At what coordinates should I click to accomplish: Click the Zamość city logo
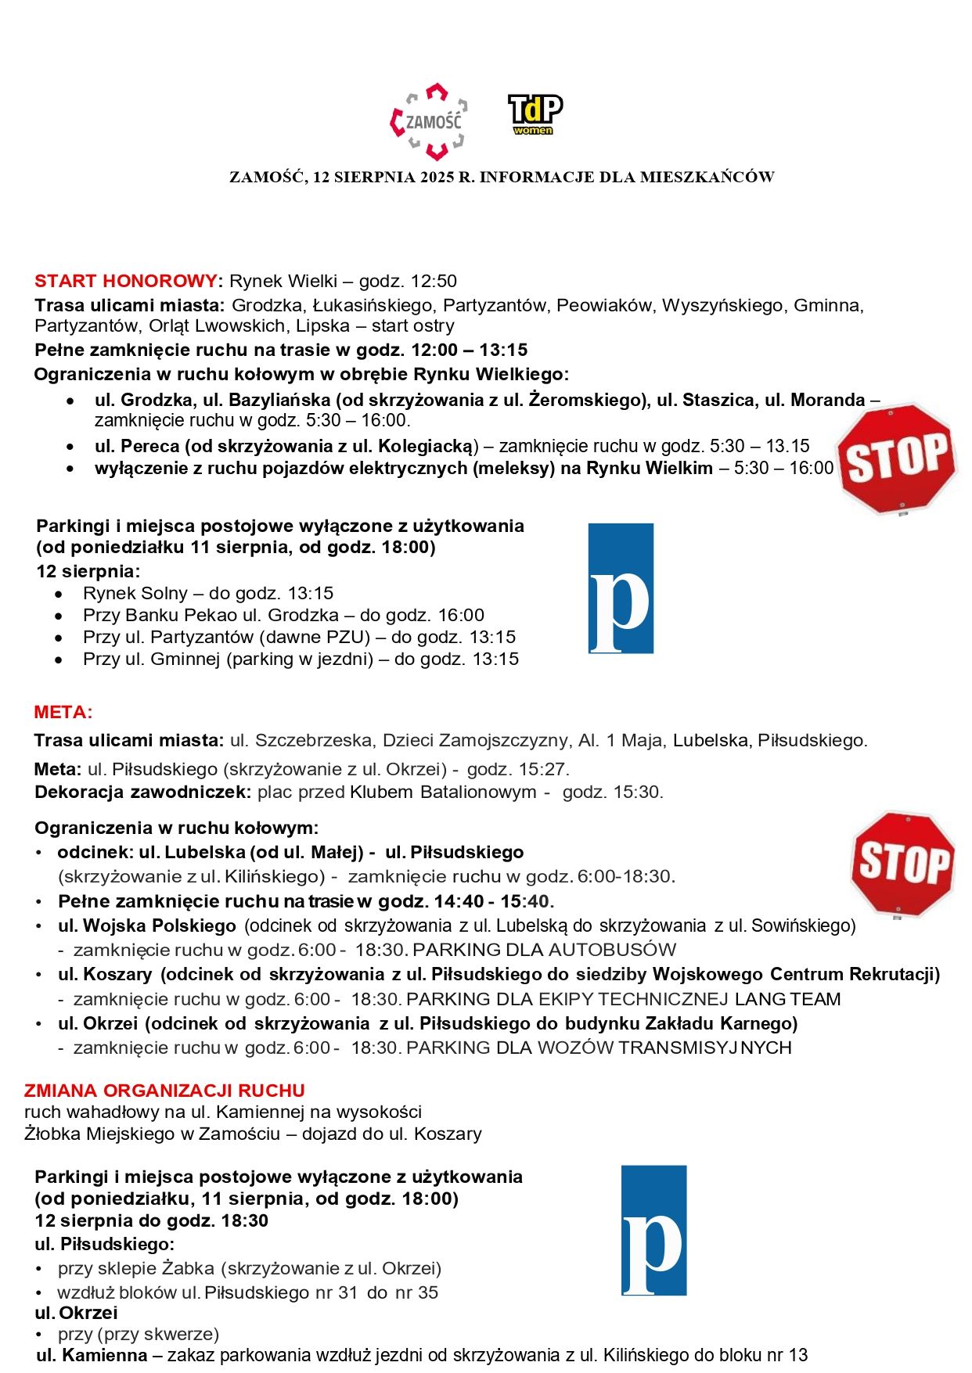[429, 121]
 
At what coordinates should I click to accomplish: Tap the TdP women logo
[535, 114]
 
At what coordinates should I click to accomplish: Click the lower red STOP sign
[903, 863]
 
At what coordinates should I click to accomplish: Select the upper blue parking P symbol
[621, 588]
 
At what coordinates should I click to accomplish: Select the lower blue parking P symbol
[653, 1231]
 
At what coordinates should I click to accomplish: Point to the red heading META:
[63, 712]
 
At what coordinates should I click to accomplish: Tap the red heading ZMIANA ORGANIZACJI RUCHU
[164, 1090]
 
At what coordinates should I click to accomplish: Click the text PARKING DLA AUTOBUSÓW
[544, 950]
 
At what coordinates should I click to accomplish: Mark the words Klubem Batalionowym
[443, 792]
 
